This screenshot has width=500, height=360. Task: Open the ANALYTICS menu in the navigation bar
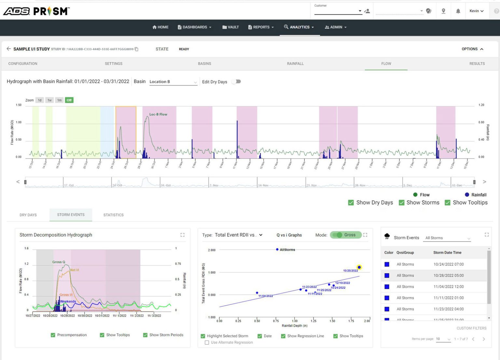[x=299, y=27]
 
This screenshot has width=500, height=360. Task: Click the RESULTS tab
[x=477, y=64]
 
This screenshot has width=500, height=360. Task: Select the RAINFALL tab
[x=295, y=64]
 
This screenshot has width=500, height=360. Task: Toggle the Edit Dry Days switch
[x=237, y=82]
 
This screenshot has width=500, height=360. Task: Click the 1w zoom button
[x=49, y=100]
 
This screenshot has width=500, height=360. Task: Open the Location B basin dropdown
[x=173, y=82]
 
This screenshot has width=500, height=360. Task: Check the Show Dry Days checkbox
[x=351, y=203]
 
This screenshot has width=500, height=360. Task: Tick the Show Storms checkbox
[x=402, y=203]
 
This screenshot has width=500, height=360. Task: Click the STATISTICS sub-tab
[x=113, y=215]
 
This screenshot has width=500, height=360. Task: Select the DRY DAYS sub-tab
[x=28, y=215]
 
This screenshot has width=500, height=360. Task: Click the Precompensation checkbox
[x=53, y=335]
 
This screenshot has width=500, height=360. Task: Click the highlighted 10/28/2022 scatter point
[x=359, y=267]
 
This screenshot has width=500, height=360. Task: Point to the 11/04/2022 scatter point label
[x=266, y=296]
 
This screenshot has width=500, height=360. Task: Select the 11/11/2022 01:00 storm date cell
[x=448, y=298]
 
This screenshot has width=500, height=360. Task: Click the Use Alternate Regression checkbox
[x=207, y=342]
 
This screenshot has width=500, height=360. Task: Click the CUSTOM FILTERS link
[x=471, y=328]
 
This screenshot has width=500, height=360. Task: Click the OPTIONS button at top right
[x=472, y=49]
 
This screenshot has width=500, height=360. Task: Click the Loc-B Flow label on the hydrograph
[x=158, y=114]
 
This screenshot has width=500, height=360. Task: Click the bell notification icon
[x=458, y=11]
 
